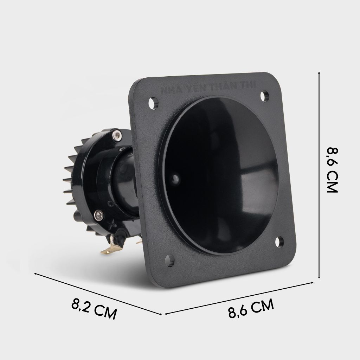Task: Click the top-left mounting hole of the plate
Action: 152,103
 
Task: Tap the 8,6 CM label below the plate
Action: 251,308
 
